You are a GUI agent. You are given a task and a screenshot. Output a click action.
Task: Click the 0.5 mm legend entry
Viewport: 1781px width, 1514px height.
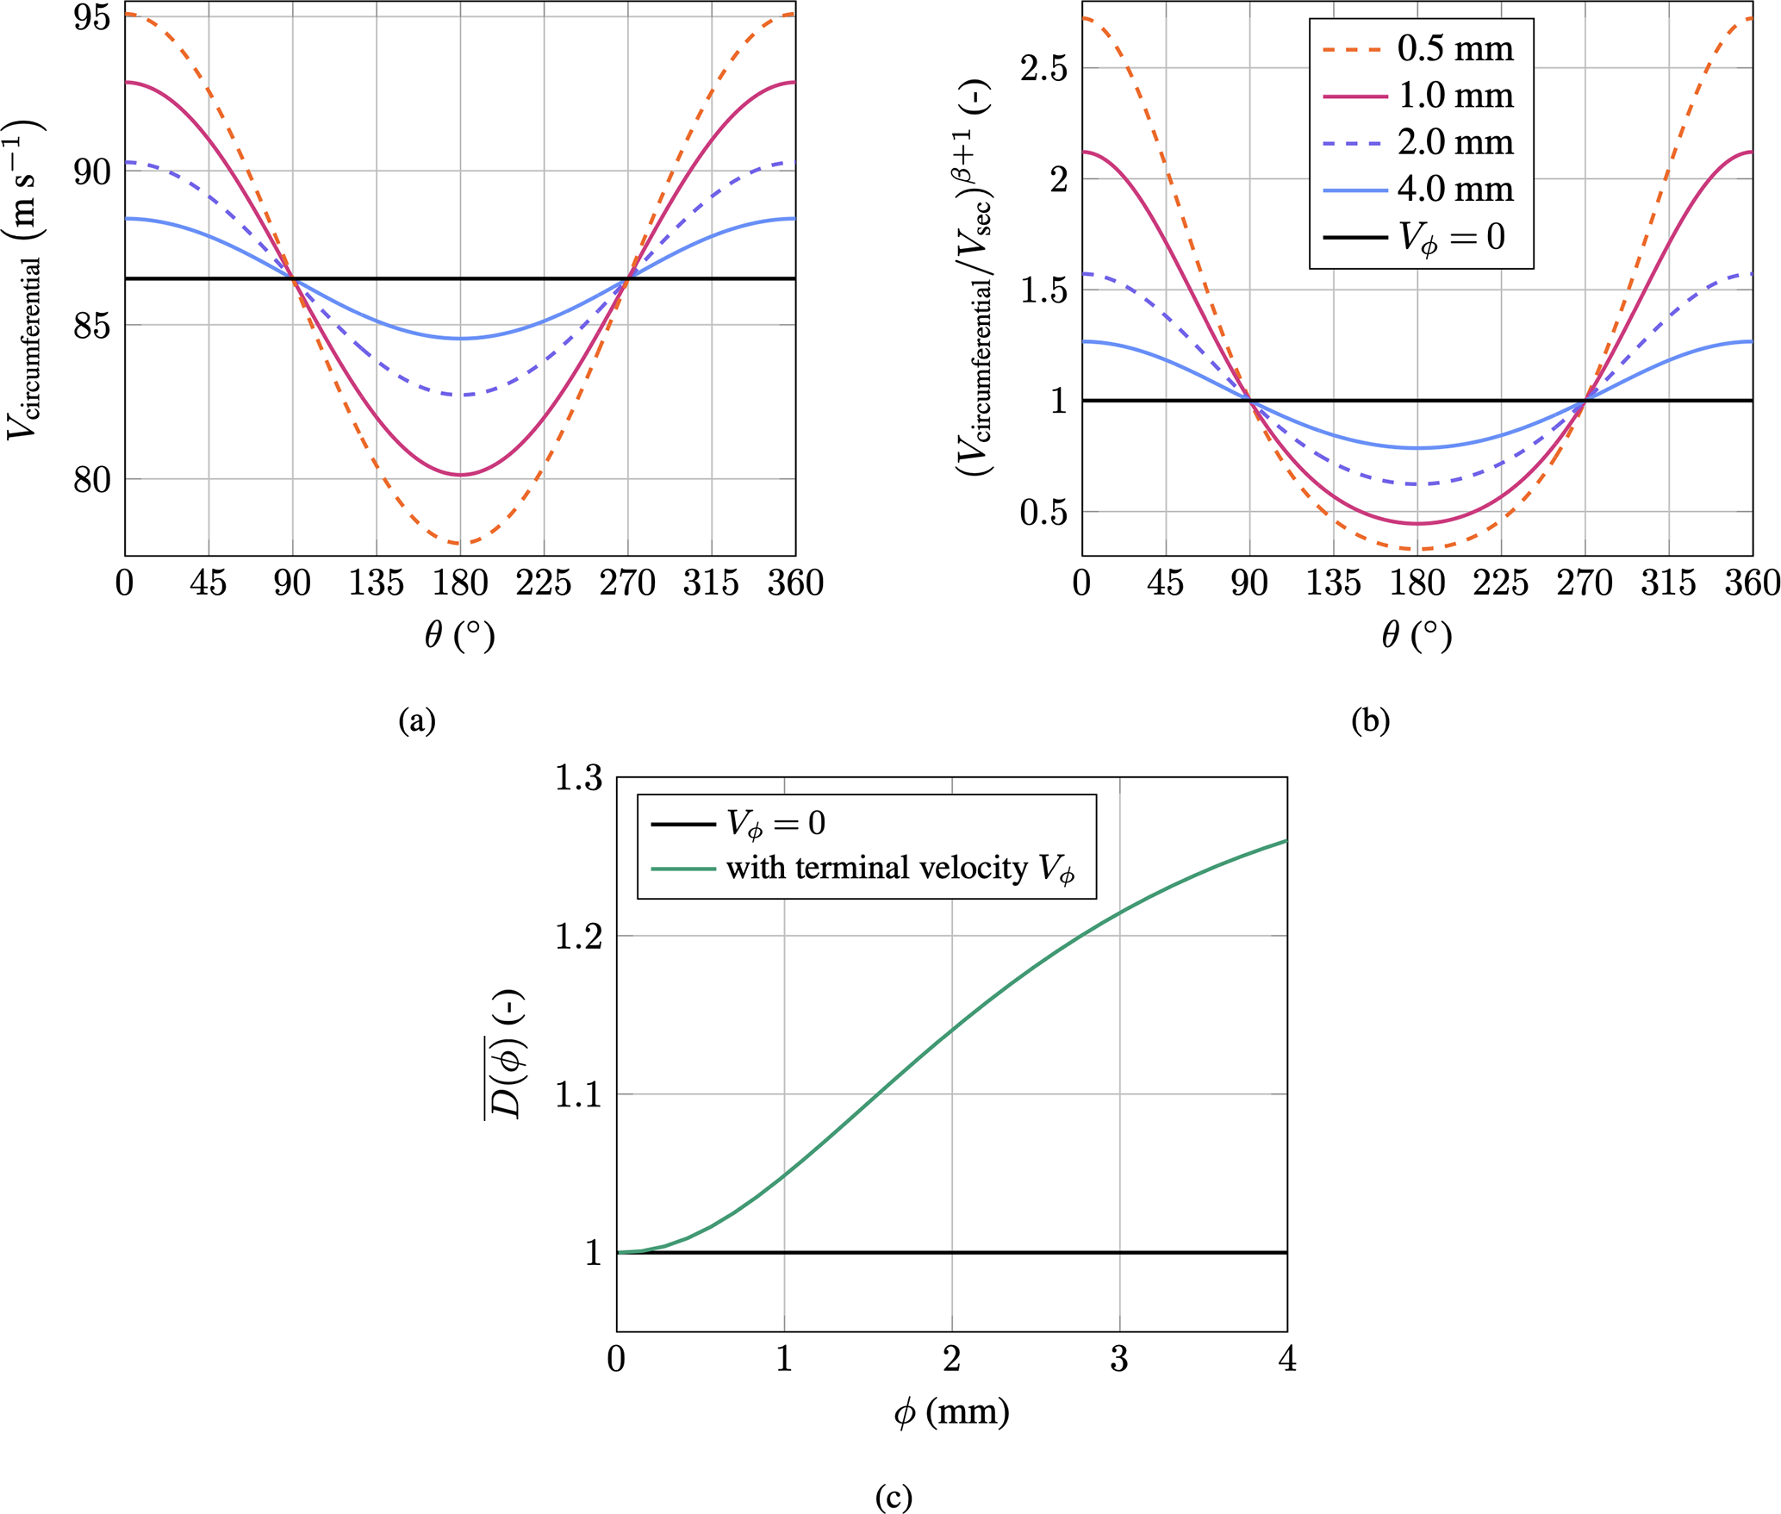coord(1454,49)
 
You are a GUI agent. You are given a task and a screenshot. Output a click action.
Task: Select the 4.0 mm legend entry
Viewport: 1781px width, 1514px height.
coord(1454,190)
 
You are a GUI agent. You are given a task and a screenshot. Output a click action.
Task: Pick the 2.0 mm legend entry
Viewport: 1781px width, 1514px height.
coord(1454,143)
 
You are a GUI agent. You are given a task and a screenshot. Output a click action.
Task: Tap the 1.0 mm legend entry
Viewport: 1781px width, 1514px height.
coord(1454,96)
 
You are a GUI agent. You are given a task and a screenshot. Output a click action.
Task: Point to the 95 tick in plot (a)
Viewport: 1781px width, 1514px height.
coord(91,17)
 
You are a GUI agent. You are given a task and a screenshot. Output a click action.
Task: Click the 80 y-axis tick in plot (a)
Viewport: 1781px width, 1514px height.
coord(91,480)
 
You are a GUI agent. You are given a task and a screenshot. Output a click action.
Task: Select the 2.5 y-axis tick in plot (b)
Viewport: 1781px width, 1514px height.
coord(1043,68)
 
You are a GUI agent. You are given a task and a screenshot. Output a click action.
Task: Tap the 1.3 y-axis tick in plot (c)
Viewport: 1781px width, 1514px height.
coord(578,778)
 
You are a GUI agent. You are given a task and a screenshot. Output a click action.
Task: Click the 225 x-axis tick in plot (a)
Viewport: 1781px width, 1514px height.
coord(544,584)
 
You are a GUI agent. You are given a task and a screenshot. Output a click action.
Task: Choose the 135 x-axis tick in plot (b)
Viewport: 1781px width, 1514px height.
coord(1333,584)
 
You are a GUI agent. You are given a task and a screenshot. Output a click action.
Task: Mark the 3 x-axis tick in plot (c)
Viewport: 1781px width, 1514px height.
coord(1119,1360)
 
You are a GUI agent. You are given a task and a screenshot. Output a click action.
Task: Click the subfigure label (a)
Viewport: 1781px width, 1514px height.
coord(417,720)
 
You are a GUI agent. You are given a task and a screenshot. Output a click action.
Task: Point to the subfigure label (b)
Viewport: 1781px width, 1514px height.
coord(1370,720)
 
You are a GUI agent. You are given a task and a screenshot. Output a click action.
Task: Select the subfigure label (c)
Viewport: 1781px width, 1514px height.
coord(894,1497)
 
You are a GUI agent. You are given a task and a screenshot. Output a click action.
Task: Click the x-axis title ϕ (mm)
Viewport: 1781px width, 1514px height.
coord(951,1413)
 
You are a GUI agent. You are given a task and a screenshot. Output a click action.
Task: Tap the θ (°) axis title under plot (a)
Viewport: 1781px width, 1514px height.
coord(460,637)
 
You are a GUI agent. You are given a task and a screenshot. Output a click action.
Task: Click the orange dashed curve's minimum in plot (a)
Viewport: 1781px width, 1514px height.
coord(460,544)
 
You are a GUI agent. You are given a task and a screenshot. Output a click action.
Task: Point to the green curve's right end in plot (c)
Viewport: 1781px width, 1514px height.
coord(1286,840)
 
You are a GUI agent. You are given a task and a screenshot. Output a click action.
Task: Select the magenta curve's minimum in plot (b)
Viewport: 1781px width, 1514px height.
coord(1417,524)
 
